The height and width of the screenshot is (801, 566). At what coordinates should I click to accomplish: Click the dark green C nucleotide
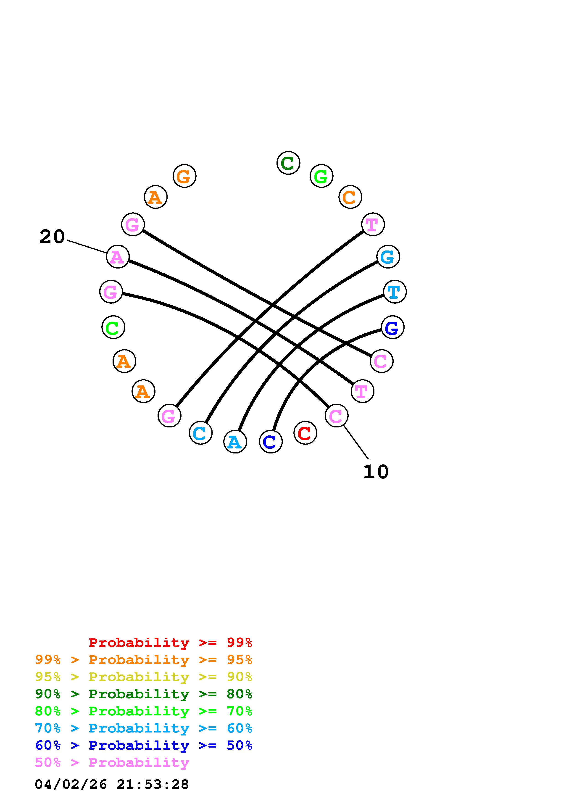point(288,163)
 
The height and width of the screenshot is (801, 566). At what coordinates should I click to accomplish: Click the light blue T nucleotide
point(395,292)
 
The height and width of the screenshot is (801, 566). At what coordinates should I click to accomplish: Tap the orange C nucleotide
point(350,197)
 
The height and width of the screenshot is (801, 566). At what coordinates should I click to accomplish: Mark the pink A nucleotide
point(118,257)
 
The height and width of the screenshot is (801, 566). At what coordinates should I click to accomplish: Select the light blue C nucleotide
point(200,433)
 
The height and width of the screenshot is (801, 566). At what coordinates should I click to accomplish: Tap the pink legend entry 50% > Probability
point(112,763)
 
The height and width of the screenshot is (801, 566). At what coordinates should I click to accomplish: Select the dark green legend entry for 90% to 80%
point(143,694)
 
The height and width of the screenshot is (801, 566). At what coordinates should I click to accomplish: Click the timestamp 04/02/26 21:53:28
point(112,784)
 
